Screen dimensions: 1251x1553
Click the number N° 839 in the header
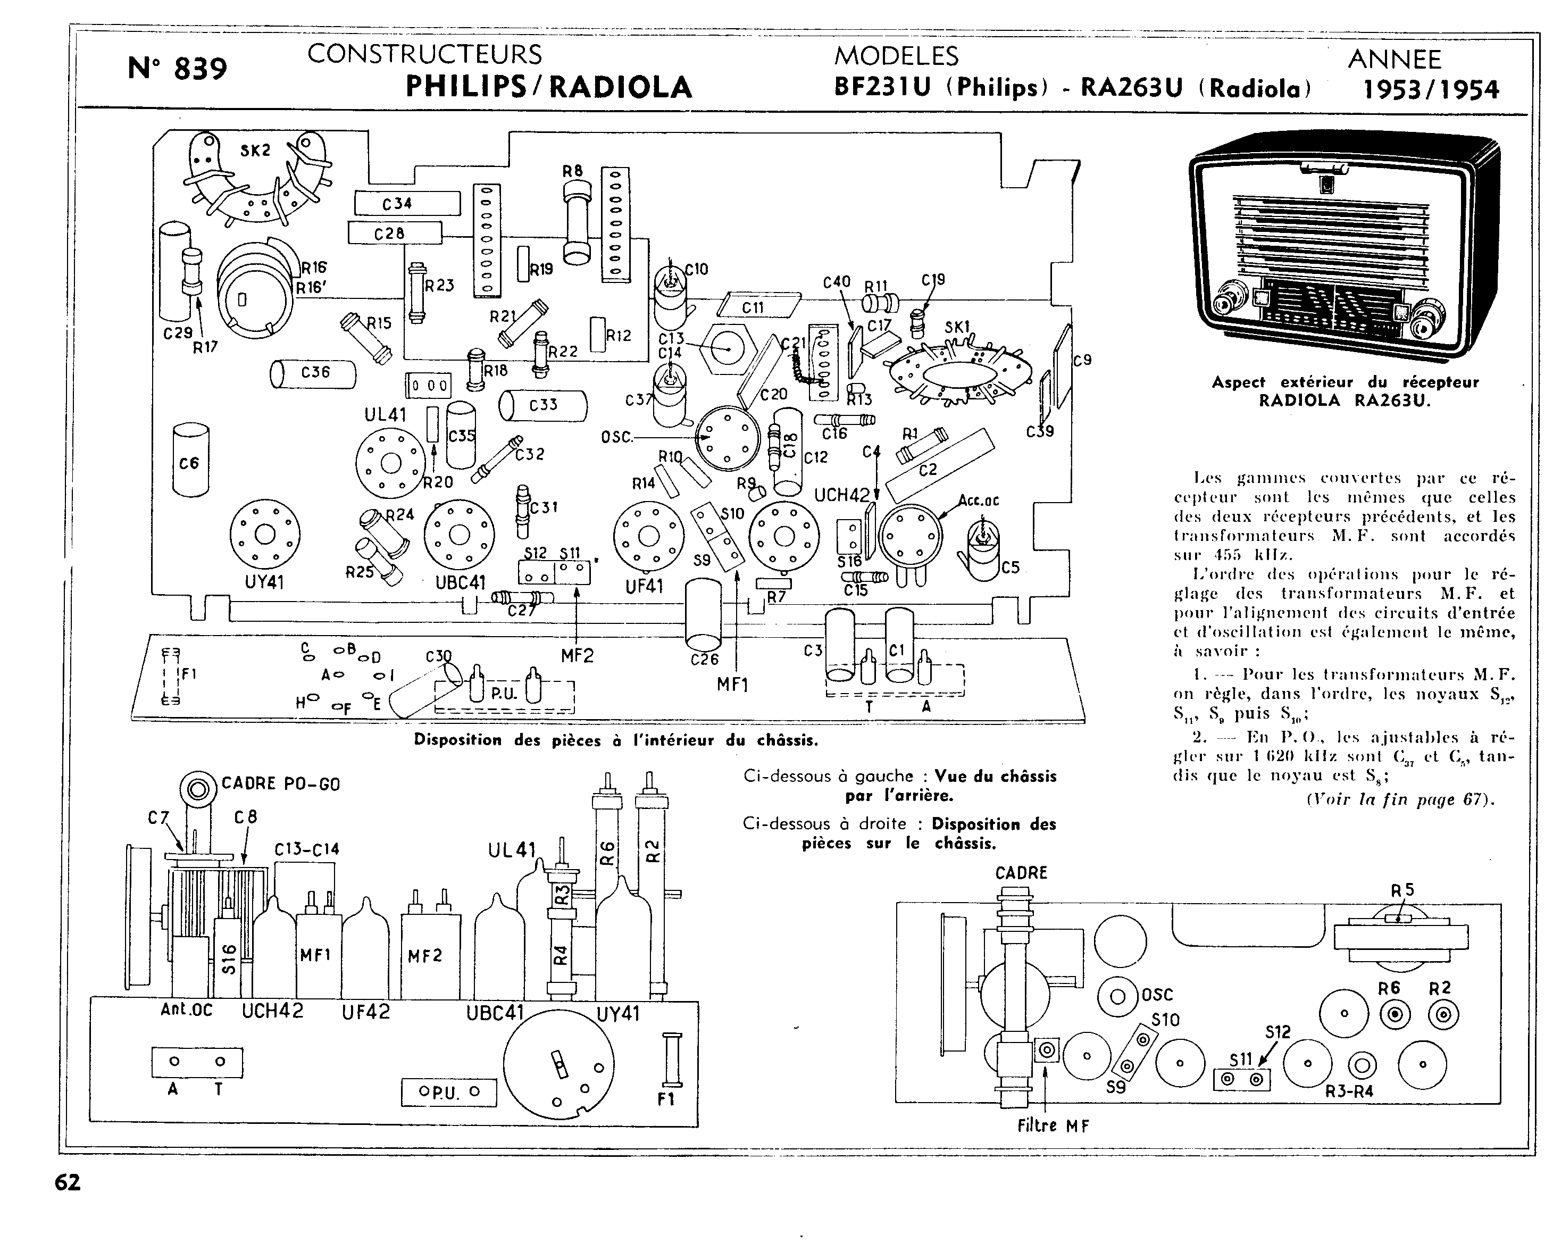click(x=177, y=69)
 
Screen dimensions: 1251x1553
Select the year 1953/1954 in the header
click(x=1431, y=89)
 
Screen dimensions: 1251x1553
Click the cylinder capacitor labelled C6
click(x=191, y=461)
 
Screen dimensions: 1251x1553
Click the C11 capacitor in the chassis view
click(x=759, y=306)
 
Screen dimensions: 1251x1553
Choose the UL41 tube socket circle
click(x=390, y=463)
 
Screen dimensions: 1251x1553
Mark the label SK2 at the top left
click(x=255, y=150)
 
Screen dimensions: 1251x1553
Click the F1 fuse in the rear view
click(x=672, y=1060)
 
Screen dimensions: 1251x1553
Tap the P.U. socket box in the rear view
click(x=448, y=1092)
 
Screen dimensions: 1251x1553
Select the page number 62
click(x=68, y=1182)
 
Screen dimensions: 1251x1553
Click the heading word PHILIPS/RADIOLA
click(x=548, y=87)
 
